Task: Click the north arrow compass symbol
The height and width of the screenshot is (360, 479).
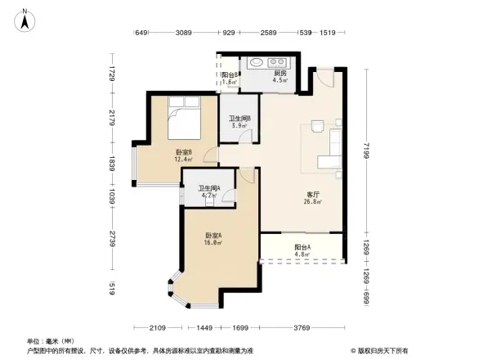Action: point(25,19)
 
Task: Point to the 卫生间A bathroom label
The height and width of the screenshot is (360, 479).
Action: point(208,191)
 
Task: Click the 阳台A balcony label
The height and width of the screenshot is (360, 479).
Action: point(302,249)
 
